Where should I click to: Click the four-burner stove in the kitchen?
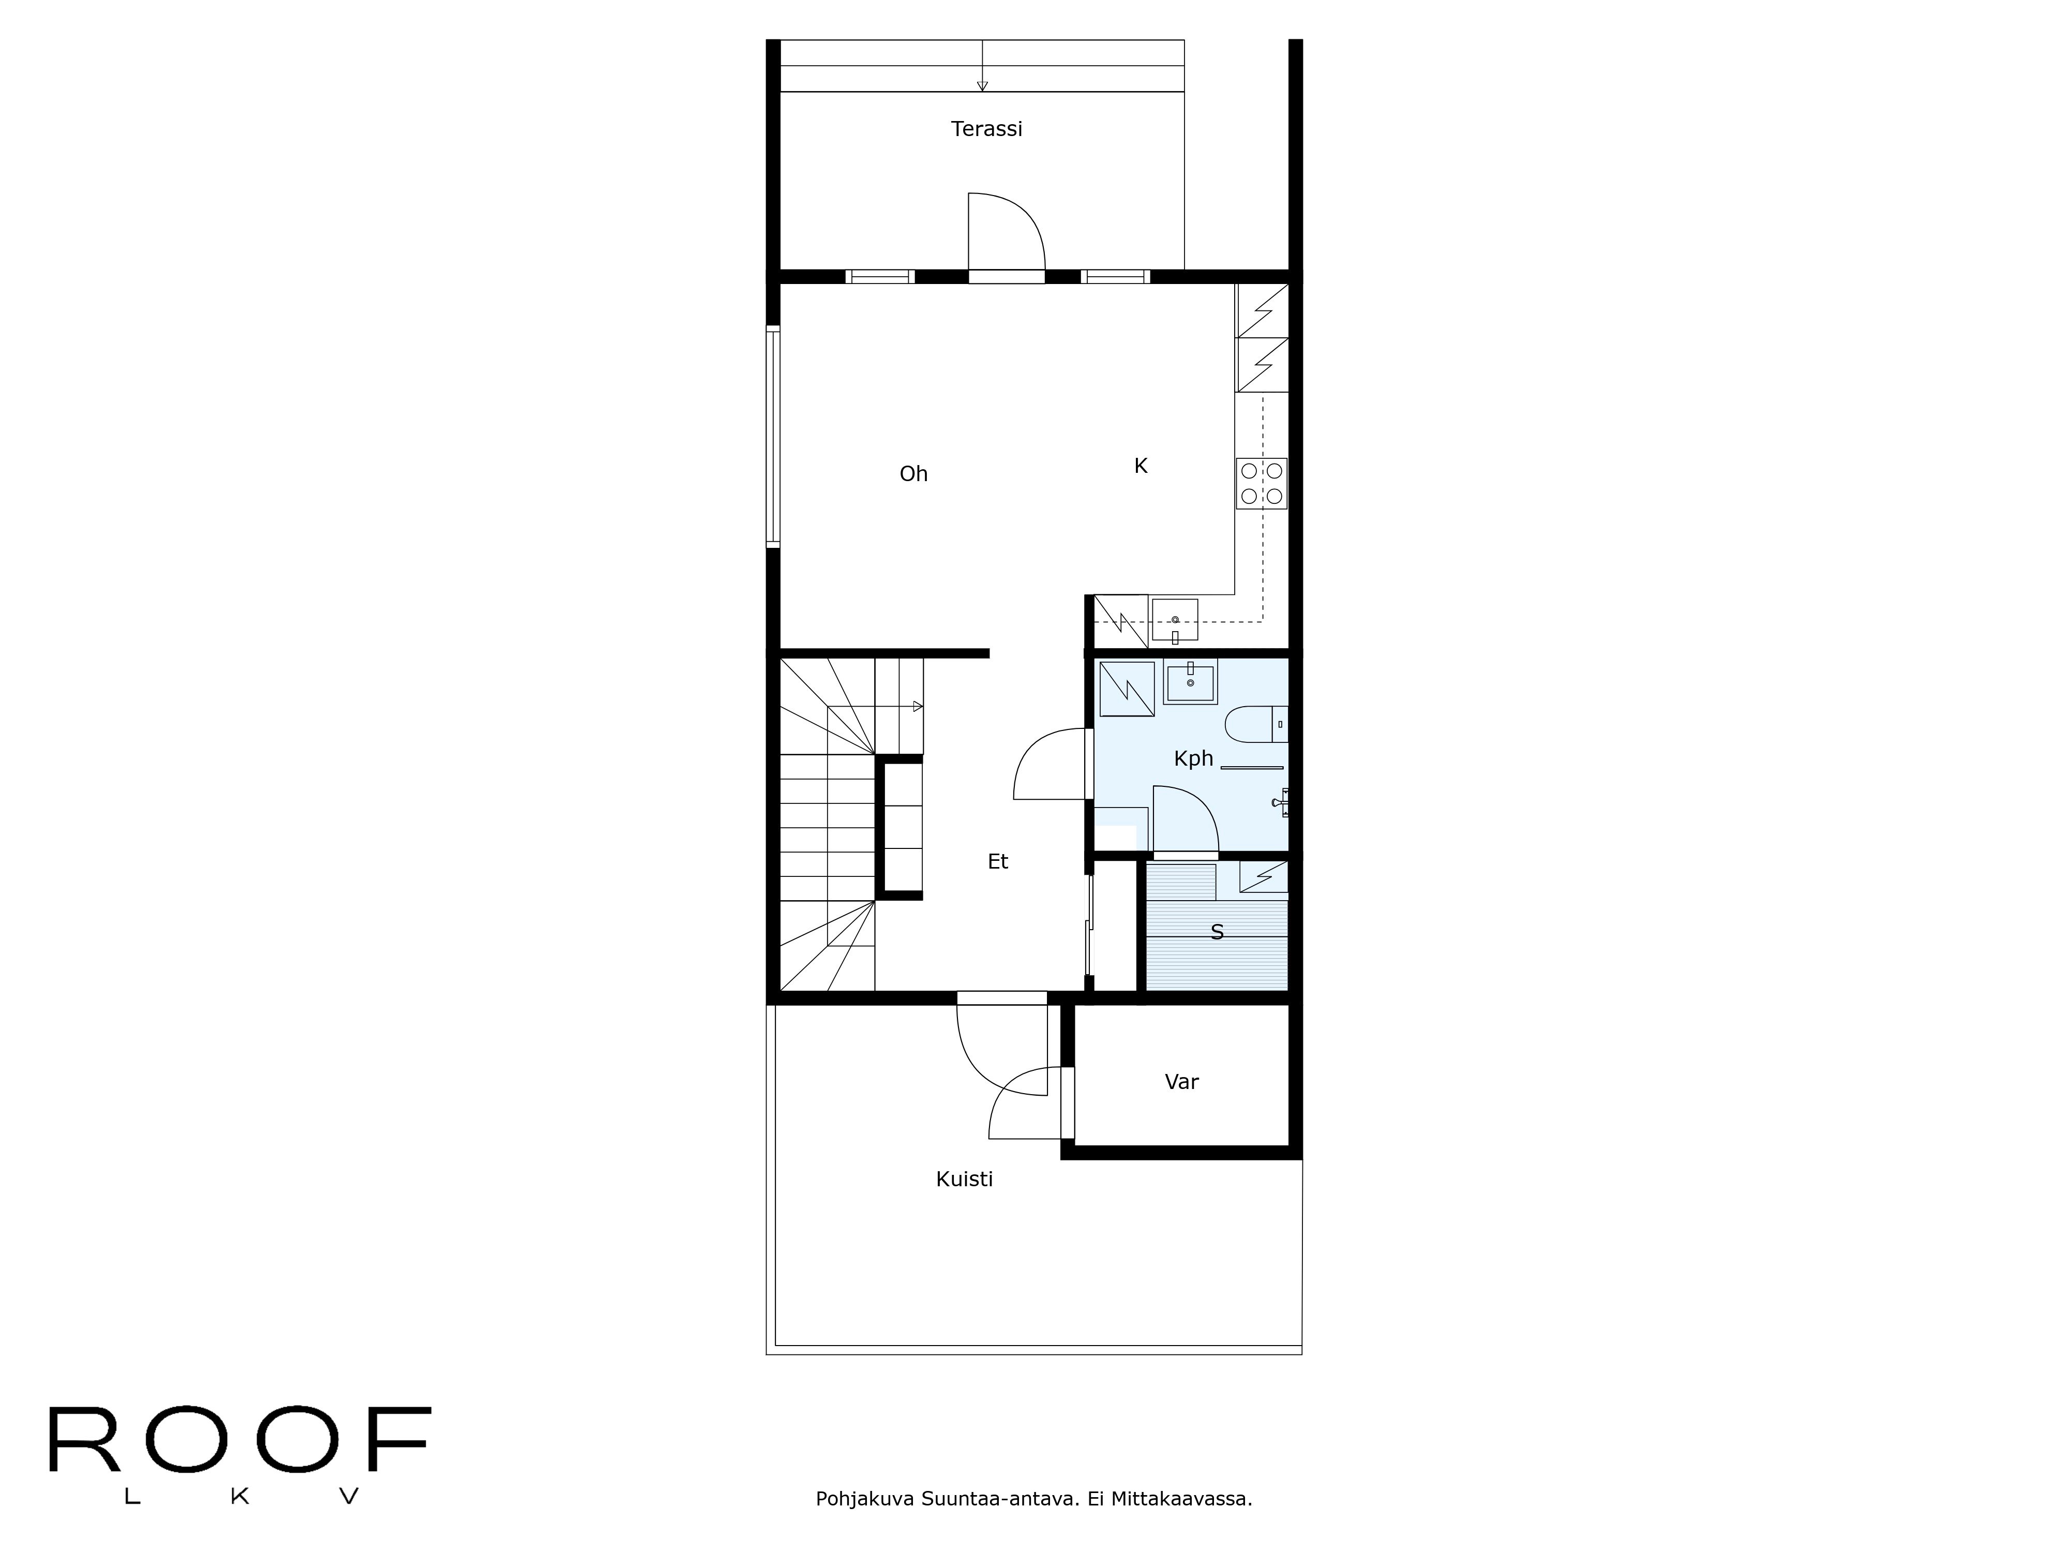coord(1261,484)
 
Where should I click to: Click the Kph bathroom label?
coord(1193,759)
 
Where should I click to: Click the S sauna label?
coord(1217,932)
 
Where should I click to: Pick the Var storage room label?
coord(1181,1082)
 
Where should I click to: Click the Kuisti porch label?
coord(964,1180)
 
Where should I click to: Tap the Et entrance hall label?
coord(998,861)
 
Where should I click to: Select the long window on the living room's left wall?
coord(773,436)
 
